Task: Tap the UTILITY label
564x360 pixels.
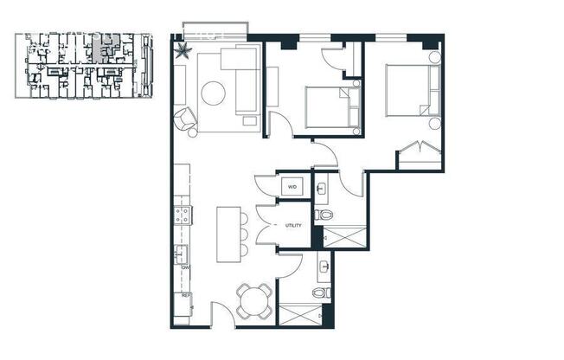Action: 293,226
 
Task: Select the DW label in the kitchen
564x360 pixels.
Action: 185,267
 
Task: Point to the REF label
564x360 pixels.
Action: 185,295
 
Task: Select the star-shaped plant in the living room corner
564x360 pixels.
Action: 183,51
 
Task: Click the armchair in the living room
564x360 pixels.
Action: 187,120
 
